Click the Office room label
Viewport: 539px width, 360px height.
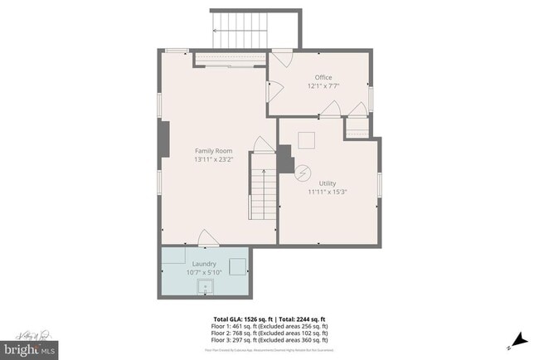323,77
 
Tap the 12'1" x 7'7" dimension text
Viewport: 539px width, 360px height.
323,86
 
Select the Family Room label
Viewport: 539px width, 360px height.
211,150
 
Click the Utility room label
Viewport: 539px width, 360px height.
327,182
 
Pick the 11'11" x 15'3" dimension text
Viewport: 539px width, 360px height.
327,192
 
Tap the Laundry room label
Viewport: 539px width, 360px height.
204,264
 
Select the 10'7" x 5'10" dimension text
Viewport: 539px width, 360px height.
204,272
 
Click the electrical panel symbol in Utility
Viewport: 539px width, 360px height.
303,173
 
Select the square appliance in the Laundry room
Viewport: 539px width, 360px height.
237,265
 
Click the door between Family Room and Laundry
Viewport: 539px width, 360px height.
207,240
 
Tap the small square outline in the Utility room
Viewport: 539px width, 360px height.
308,139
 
